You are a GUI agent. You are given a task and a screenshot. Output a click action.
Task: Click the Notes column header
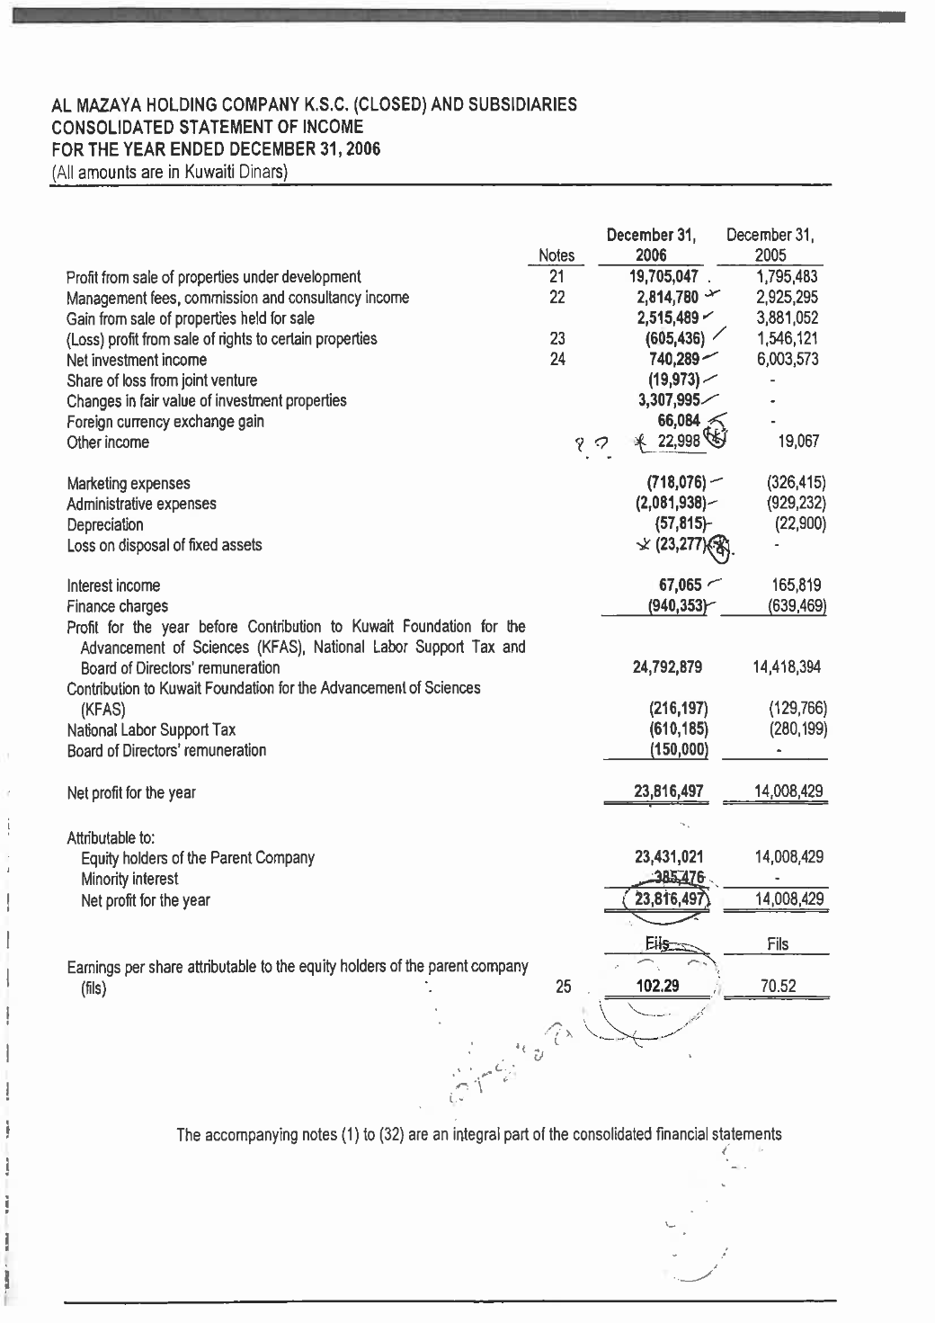(x=556, y=255)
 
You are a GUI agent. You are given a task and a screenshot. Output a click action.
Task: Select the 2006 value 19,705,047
(x=667, y=277)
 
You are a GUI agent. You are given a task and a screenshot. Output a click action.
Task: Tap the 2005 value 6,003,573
(x=787, y=360)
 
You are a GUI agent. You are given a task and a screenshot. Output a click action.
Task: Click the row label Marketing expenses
(x=129, y=484)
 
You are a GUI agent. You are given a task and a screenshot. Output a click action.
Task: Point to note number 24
(x=557, y=360)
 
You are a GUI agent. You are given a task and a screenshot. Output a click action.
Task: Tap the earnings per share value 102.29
(x=657, y=986)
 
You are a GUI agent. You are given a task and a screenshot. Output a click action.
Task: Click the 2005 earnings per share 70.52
(x=778, y=986)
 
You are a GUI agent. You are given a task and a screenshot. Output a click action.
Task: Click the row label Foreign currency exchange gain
(x=165, y=422)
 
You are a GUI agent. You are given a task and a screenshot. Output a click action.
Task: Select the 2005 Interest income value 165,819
(x=789, y=586)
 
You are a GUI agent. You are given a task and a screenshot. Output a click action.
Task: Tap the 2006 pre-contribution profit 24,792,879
(x=668, y=667)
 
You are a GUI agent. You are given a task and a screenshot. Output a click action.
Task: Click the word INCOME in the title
(x=333, y=127)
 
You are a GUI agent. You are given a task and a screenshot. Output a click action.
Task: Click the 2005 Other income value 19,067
(x=799, y=442)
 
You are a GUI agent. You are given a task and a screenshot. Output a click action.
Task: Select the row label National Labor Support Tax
(x=151, y=729)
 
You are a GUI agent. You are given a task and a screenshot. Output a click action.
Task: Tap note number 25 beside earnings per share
(x=563, y=987)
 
